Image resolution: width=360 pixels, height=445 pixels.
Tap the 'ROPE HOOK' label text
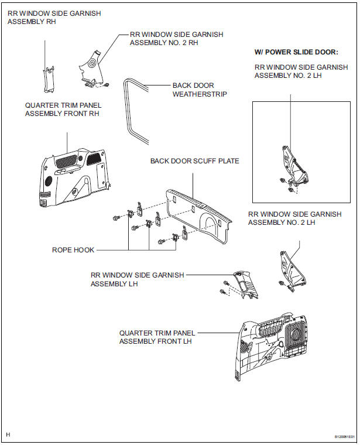(73, 249)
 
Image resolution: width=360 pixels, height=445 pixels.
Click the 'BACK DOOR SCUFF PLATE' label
(194, 160)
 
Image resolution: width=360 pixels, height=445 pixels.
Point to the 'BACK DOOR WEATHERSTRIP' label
(199, 90)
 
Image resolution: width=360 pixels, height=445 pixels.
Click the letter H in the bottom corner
(8, 434)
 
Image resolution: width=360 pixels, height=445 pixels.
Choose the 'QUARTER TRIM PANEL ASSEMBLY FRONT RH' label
(62, 109)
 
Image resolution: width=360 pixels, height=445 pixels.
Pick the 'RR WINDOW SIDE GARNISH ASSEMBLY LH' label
(137, 279)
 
